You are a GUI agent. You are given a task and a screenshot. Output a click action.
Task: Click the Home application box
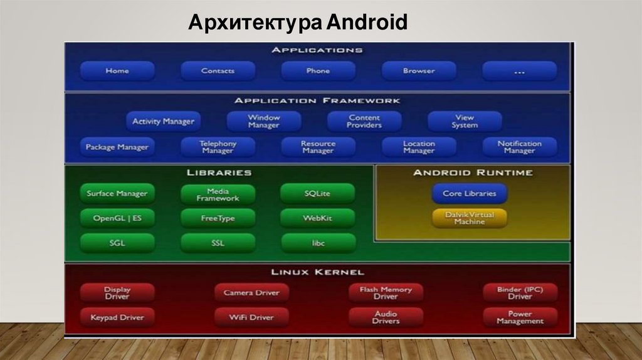[x=117, y=71]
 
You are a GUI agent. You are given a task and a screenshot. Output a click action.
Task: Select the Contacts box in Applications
[x=218, y=71]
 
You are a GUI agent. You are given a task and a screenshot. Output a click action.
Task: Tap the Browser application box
[x=419, y=71]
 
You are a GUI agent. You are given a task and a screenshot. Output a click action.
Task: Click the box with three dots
[x=519, y=71]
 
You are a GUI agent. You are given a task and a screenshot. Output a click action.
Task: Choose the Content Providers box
[x=364, y=121]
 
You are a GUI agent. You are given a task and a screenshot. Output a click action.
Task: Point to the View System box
[x=465, y=121]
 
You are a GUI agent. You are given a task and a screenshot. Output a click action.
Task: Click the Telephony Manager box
[x=218, y=147]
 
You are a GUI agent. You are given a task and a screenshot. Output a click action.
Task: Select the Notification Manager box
[x=519, y=147]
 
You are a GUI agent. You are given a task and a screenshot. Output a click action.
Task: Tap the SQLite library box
[x=318, y=194]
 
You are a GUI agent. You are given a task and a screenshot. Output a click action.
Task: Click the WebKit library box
[x=318, y=218]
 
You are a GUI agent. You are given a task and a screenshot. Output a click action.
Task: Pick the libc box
[x=318, y=243]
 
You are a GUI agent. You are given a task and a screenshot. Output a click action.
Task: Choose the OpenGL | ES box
[x=117, y=218]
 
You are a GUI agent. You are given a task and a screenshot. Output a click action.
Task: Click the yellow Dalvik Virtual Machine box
[x=469, y=218]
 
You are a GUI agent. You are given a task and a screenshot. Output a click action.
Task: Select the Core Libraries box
[x=469, y=194]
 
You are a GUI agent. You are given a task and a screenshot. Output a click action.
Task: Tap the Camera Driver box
[x=251, y=293]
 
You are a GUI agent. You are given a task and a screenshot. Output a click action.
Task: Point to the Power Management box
[x=520, y=317]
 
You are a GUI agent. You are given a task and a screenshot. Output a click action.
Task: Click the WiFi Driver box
[x=251, y=317]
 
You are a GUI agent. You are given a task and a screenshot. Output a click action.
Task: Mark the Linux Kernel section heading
[x=317, y=272]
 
